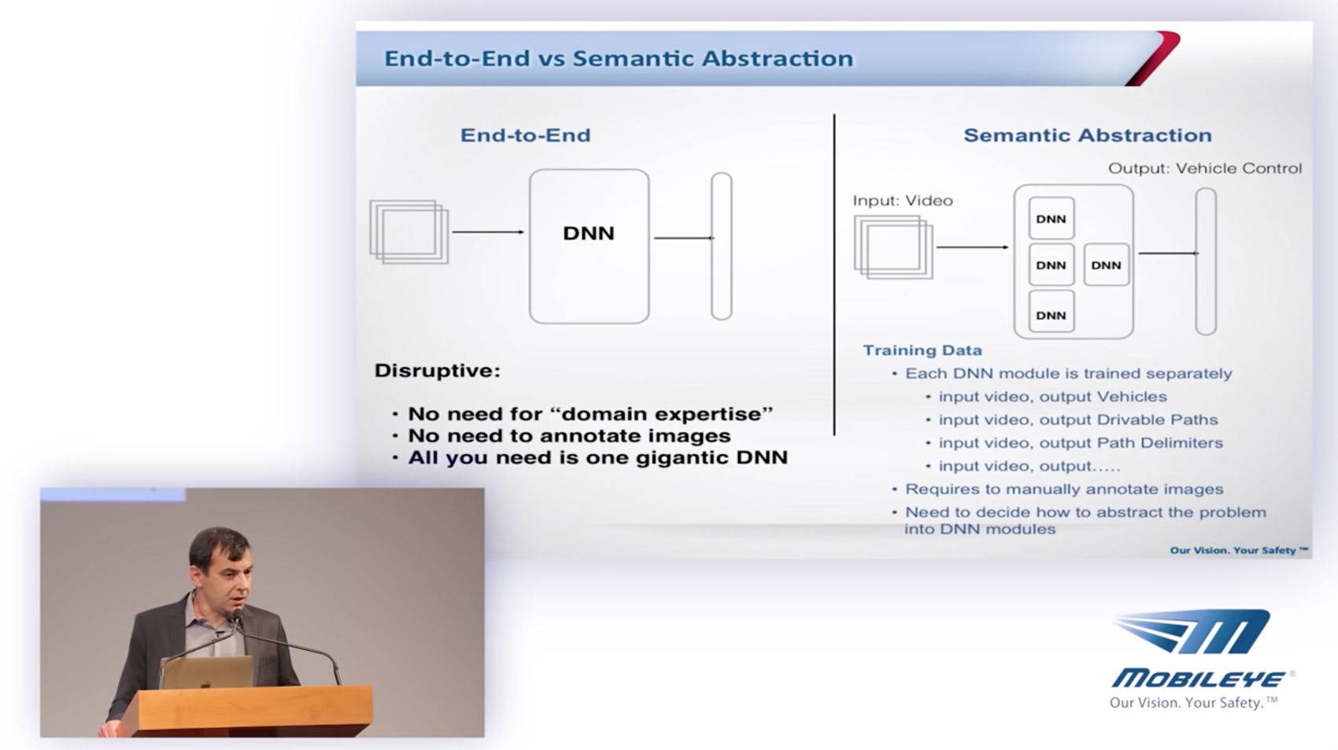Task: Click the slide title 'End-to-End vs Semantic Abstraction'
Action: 618,58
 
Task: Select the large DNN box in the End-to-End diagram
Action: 589,246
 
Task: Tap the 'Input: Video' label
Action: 903,201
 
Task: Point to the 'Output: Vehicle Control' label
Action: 1205,168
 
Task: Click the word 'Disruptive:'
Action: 438,370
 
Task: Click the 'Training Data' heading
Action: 922,350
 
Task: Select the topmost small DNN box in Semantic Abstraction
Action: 1052,219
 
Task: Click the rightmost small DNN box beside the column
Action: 1107,264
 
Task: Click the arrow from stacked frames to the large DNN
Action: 488,231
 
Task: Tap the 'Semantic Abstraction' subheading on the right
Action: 1088,135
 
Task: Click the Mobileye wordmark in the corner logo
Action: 1199,679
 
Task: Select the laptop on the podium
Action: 207,672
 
